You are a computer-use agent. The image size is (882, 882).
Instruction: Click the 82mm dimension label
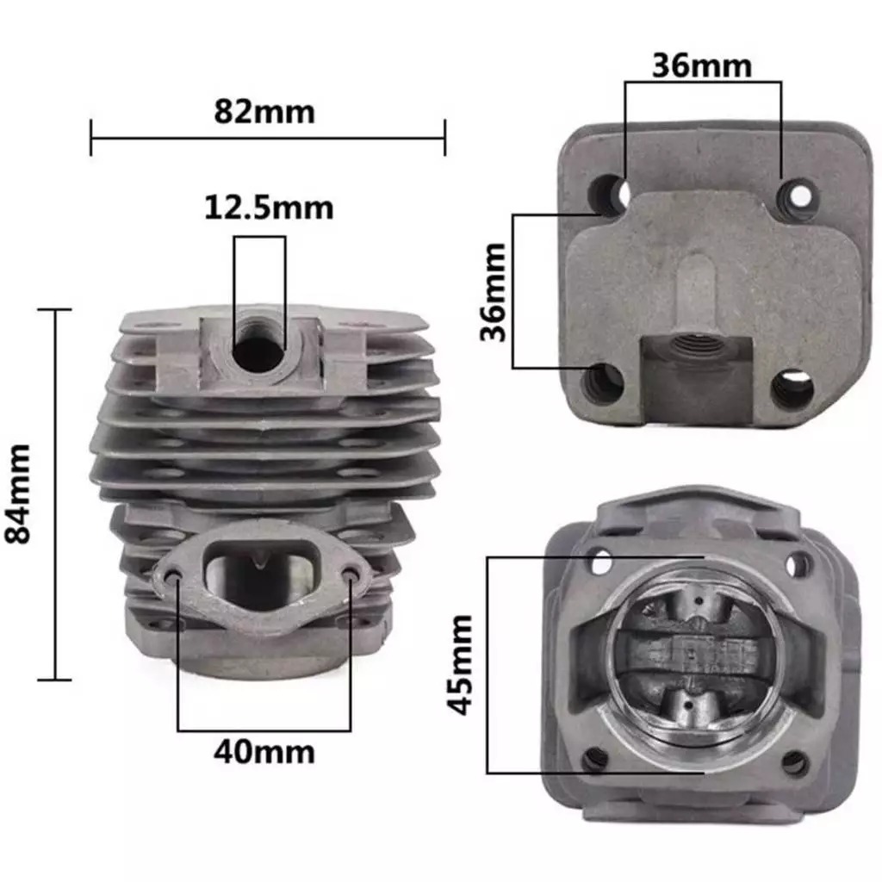coord(264,112)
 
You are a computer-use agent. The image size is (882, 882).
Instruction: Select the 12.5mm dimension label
coord(269,208)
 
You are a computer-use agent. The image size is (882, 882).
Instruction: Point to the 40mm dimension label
coord(264,752)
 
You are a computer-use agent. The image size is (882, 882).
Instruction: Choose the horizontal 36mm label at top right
coord(702,65)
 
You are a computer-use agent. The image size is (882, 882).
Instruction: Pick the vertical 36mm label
coord(494,292)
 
